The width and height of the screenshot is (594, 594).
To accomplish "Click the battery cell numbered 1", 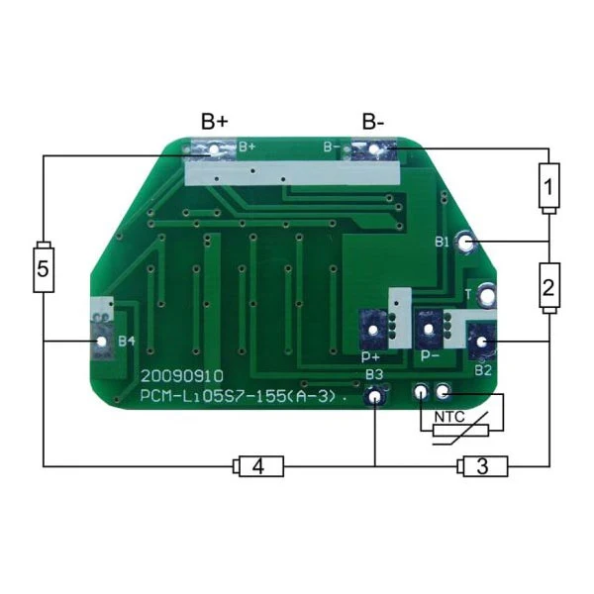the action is click(548, 188).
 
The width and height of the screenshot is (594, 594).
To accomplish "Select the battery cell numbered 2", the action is click(549, 288).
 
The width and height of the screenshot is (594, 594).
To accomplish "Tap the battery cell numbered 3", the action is click(482, 466).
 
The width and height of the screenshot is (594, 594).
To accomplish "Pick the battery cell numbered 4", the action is click(258, 466).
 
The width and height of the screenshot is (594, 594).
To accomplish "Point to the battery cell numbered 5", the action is click(44, 266).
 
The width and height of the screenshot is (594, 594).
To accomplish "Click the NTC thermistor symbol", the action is click(460, 430).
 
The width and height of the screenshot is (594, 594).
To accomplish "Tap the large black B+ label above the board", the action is click(215, 122).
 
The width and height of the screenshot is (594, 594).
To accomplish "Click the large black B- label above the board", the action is click(373, 122).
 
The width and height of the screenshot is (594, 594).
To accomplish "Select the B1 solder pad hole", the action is click(466, 242).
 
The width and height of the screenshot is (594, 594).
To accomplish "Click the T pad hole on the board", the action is click(486, 294).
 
